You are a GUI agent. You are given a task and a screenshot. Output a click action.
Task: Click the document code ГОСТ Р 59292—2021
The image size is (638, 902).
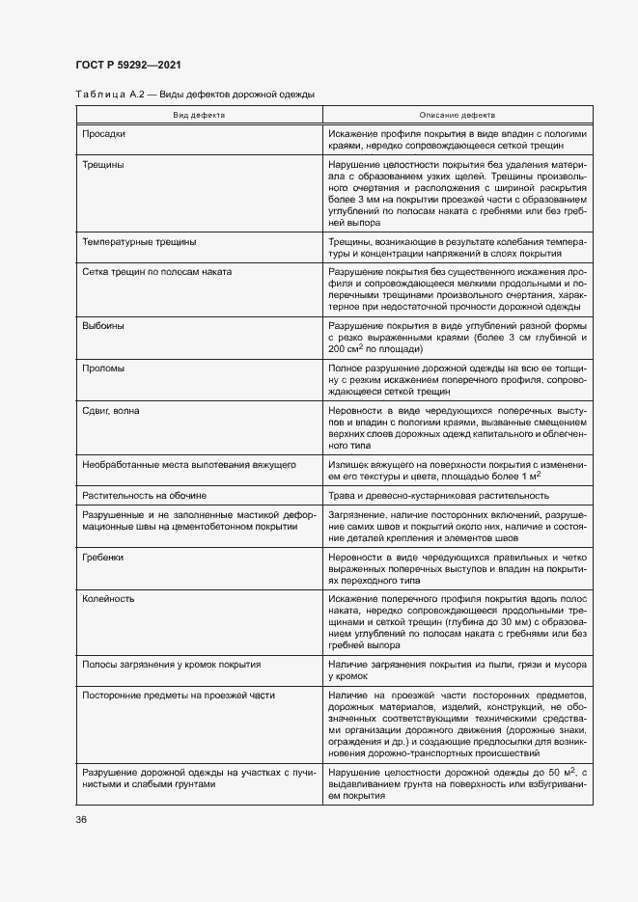coord(127,65)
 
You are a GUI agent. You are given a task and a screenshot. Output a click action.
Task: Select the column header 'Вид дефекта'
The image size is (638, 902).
coord(199,114)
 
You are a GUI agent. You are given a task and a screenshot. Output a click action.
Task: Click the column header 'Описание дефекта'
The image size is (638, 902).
coord(457,114)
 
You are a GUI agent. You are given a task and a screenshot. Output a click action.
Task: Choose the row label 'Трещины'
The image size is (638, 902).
coord(102,165)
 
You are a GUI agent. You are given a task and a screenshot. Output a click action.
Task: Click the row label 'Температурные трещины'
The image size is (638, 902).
coord(139,242)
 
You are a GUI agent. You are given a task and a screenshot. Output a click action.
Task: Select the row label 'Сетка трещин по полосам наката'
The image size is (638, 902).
coord(157,273)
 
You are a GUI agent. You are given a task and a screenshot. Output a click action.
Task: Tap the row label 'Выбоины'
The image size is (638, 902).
coord(103,326)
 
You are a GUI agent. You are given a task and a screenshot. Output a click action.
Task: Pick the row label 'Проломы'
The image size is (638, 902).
coord(104,369)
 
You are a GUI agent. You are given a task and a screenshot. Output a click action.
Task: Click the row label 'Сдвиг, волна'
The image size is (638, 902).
coord(111,411)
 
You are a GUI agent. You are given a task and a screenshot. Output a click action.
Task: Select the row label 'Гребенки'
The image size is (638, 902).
coord(104,557)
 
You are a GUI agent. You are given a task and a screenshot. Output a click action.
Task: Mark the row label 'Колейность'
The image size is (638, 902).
coord(108,599)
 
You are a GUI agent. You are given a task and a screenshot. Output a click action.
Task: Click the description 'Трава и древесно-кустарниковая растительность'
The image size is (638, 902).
coord(439,495)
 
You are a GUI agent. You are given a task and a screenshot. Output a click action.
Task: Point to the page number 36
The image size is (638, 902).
coord(81,819)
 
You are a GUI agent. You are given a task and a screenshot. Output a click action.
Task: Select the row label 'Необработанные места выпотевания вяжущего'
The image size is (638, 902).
coord(189,465)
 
